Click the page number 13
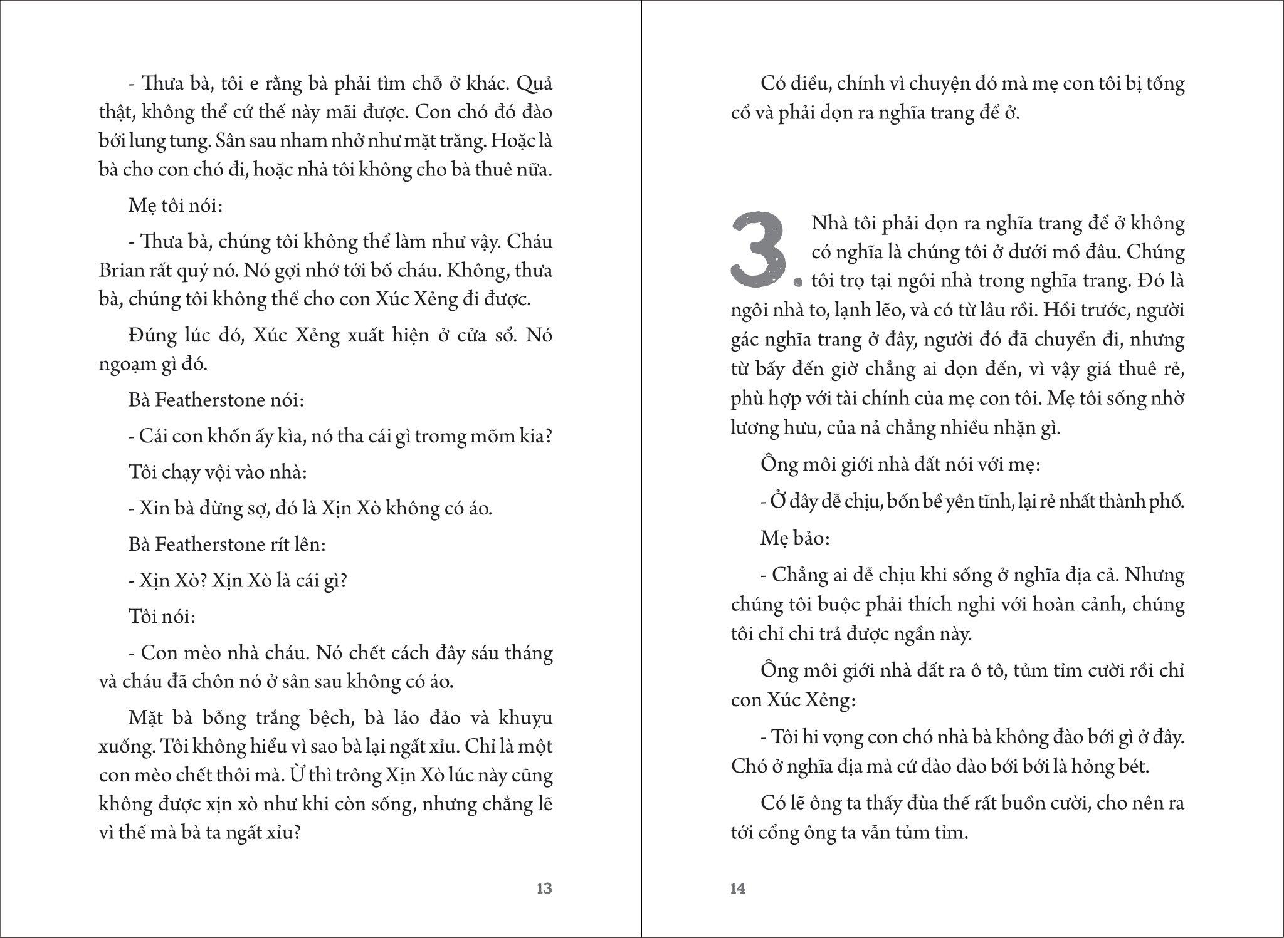click(544, 888)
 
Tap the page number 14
click(738, 888)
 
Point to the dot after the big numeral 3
click(797, 283)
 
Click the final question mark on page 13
click(297, 834)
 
